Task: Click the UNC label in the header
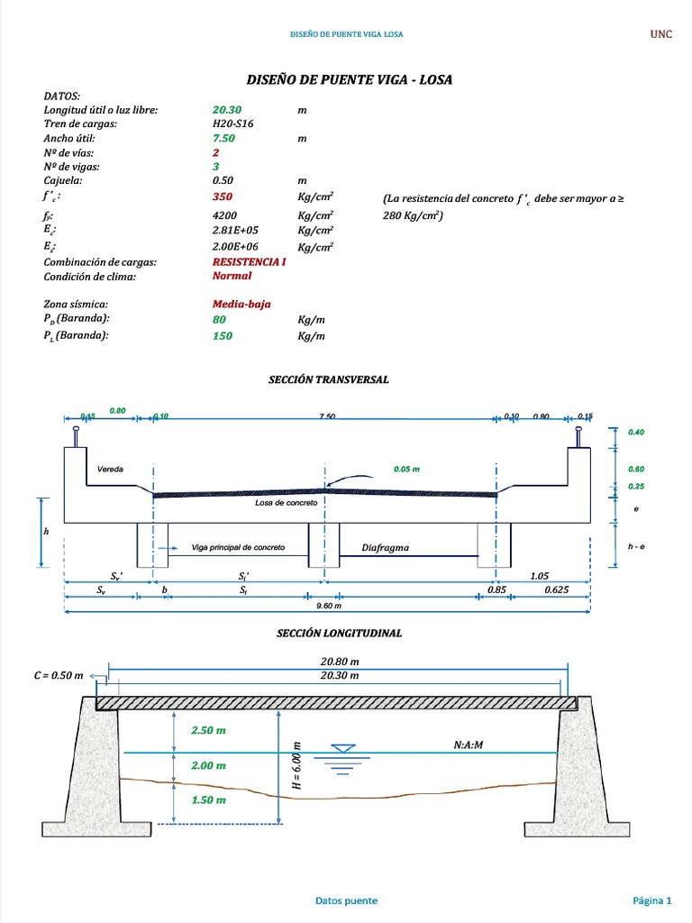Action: click(x=661, y=34)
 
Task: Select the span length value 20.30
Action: click(x=227, y=110)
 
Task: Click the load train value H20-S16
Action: click(x=232, y=124)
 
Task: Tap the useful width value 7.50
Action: click(x=223, y=139)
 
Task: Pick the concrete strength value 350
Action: click(x=222, y=196)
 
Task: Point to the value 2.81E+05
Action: click(x=235, y=230)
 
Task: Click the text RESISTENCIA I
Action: click(x=250, y=262)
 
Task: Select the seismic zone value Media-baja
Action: click(x=241, y=305)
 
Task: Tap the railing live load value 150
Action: click(x=222, y=336)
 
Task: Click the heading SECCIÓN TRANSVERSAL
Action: click(x=328, y=379)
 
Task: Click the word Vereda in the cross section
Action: click(x=110, y=470)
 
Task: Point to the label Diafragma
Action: click(x=386, y=547)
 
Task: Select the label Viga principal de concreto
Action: click(x=239, y=547)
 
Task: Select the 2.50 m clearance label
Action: click(x=208, y=731)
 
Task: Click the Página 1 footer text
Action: click(x=651, y=900)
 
